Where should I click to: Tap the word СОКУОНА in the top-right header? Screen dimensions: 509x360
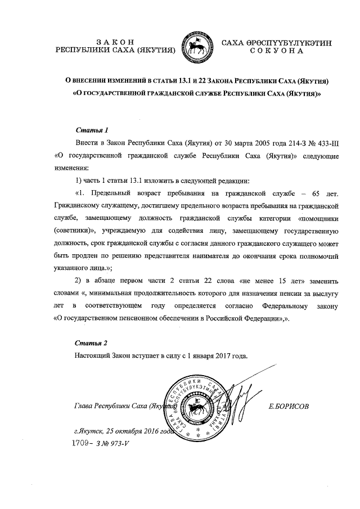[x=276, y=51]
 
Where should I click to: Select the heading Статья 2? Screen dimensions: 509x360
[x=91, y=343]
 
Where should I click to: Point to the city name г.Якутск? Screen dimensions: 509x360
[x=87, y=433]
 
